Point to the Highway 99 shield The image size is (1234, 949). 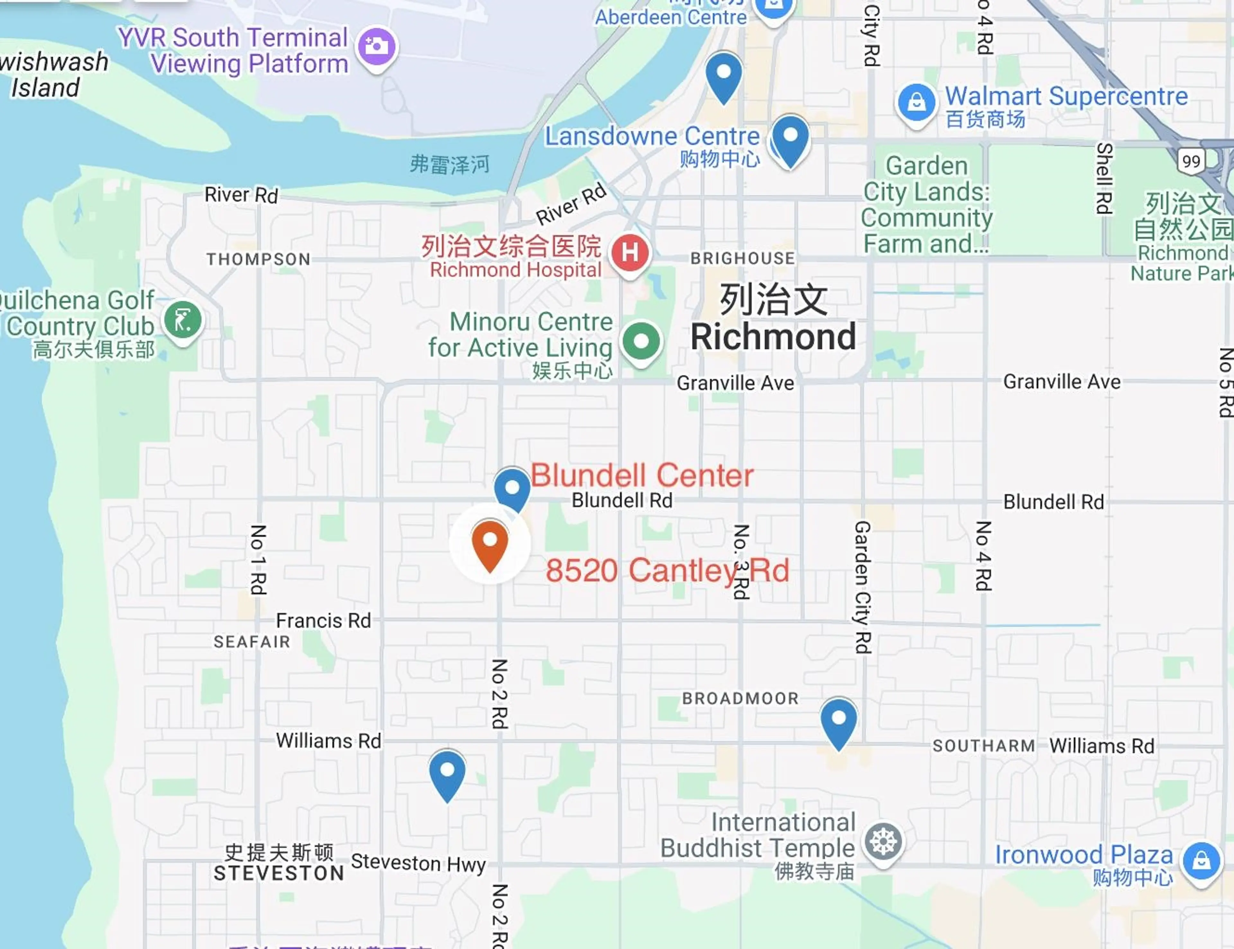(1191, 161)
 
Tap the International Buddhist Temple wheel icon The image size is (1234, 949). (883, 842)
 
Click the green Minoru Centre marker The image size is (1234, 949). (641, 341)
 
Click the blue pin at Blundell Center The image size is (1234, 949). (512, 488)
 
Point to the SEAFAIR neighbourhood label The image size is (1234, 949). (252, 642)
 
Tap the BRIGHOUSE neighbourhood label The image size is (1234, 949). (742, 258)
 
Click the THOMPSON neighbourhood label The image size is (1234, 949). (258, 259)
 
